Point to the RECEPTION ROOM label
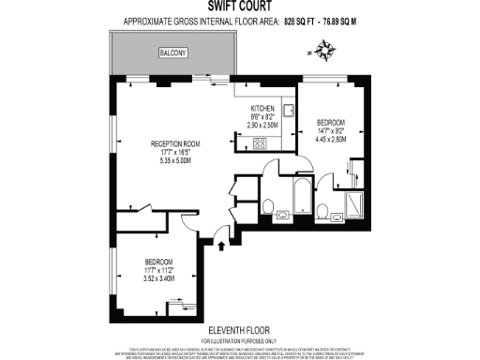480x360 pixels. point(175,143)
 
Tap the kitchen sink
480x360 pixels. point(290,112)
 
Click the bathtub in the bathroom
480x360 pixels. point(302,194)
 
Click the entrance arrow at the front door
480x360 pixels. point(221,247)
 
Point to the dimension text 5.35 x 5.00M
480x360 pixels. point(175,160)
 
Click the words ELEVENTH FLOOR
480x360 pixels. point(239,330)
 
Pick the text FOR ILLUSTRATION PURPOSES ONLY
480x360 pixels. point(239,339)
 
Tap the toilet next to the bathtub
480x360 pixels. point(269,207)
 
